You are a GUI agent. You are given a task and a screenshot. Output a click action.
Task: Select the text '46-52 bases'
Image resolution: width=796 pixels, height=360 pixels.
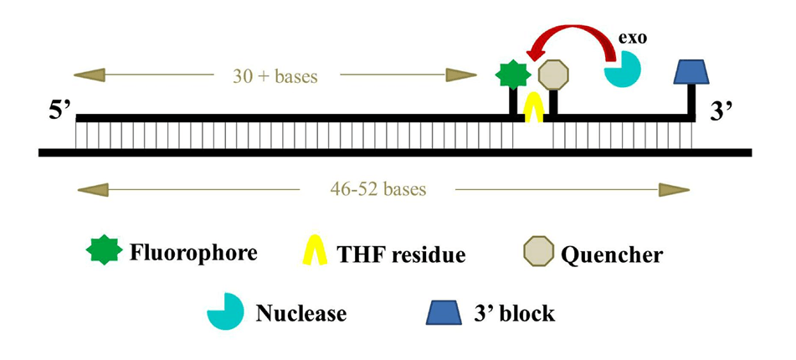click(377, 188)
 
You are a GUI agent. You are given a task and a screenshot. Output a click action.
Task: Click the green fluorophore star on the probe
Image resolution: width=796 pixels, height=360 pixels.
click(513, 75)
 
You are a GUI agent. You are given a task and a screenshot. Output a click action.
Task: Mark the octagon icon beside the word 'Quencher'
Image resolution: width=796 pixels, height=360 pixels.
click(539, 252)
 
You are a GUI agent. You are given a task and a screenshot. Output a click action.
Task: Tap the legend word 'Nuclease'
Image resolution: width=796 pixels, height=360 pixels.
click(300, 313)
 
